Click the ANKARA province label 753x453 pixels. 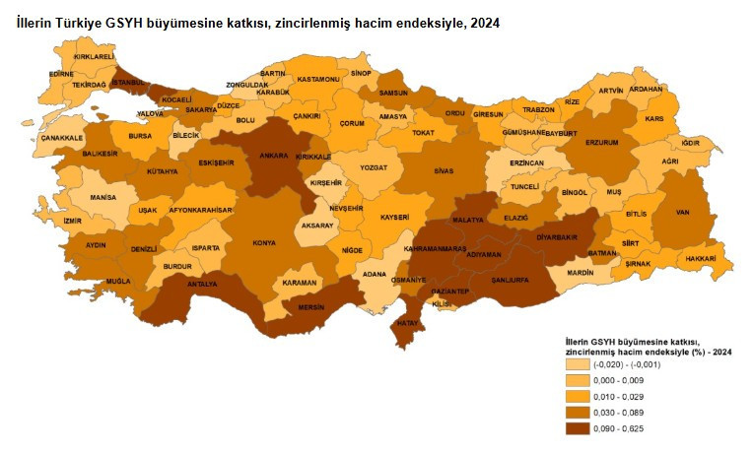pos(273,155)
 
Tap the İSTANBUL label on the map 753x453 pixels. pos(128,83)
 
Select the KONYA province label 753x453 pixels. pos(264,242)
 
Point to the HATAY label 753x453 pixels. pos(406,323)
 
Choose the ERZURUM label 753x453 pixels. pos(601,142)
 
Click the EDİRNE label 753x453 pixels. pos(61,73)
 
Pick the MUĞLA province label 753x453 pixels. pos(118,281)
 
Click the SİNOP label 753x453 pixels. pos(362,73)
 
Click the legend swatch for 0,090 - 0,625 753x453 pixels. pos(577,428)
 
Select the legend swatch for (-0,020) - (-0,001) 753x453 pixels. pos(577,365)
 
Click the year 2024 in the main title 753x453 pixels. pos(485,23)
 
